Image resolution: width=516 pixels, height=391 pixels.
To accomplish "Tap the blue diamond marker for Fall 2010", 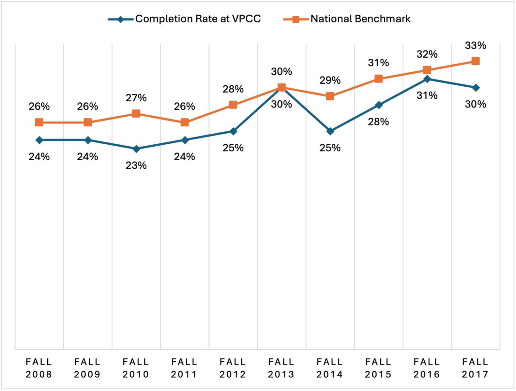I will coord(136,149).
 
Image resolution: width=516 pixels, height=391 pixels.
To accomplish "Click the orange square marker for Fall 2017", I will coord(476,61).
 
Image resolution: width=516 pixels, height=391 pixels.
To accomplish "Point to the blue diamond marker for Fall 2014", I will coord(330,131).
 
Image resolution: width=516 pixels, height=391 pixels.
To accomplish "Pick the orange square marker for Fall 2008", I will coord(39,123).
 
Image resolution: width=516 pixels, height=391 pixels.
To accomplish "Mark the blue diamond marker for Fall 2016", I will coord(427,79).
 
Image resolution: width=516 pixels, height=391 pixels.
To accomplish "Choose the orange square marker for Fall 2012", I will coord(233,105).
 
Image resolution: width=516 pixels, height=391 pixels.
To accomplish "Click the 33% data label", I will coord(476,46).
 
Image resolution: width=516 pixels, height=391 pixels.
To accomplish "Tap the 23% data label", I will coord(136,166).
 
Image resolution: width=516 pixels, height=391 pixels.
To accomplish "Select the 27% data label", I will coord(136,98).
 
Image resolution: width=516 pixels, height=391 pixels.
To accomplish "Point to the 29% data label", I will coord(330,80).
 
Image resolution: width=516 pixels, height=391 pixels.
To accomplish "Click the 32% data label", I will coord(427,54).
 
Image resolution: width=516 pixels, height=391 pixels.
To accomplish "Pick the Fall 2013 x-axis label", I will coord(281,368).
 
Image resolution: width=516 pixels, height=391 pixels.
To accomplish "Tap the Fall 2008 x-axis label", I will coord(39,368).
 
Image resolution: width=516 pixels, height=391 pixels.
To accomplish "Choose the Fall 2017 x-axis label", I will coord(475,368).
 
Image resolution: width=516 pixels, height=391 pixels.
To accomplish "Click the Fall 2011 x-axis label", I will coord(184,368).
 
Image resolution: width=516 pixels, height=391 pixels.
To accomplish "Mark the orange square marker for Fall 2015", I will coord(378,79).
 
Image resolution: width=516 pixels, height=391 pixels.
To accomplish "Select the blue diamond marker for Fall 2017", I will coord(476,88).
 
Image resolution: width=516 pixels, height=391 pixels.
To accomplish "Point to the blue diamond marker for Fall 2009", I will coord(88,140).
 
